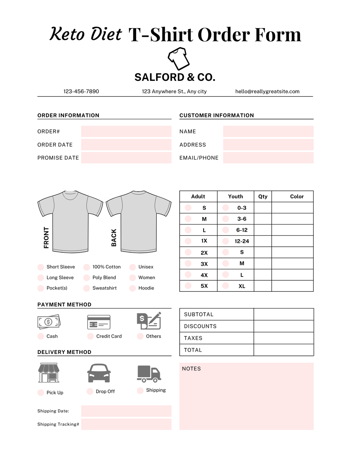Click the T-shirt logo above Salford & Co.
coord(179,58)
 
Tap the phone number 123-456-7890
coord(81,91)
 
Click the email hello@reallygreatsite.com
coord(267,91)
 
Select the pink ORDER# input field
coord(126,131)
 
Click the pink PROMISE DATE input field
coord(126,158)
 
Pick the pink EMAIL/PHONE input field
coord(268,158)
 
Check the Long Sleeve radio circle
coord(41,278)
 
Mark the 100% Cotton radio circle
coord(86,267)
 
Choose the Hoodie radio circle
coord(133,288)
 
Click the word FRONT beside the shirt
coord(46,238)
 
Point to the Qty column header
coord(263,196)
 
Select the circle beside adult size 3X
coord(188,264)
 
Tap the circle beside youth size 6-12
coord(226,230)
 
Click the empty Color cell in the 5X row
coord(292,286)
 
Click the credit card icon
coord(99,322)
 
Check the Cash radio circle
coord(41,336)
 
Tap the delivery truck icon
coord(149,374)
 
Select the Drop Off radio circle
coord(90,391)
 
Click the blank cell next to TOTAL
coord(283,350)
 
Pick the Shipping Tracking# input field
coord(126,424)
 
